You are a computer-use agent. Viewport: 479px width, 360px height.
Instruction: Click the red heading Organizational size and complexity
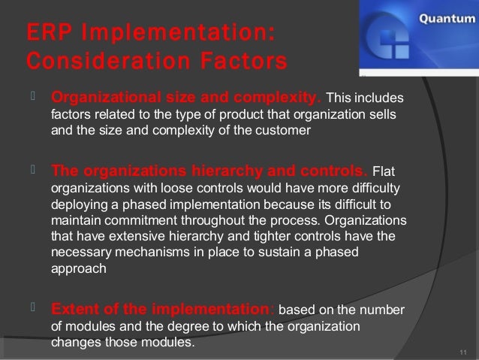point(185,99)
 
